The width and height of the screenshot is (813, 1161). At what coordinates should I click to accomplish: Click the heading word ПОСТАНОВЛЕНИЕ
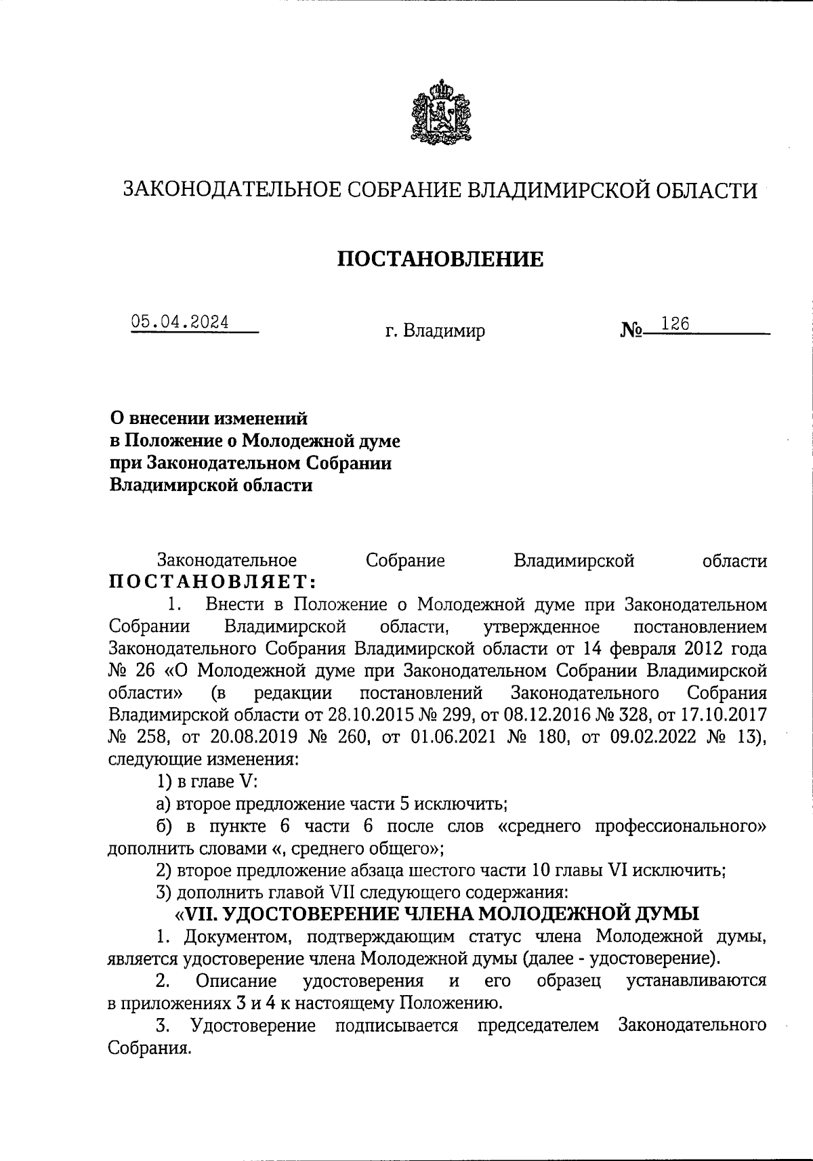coord(440,259)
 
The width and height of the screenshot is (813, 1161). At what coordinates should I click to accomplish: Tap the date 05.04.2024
coord(180,323)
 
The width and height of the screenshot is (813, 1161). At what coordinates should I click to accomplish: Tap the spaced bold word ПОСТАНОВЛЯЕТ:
coord(212,582)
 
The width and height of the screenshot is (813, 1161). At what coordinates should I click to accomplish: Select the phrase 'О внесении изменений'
coord(209,419)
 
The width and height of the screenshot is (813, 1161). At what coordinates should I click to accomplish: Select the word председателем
coord(539,1025)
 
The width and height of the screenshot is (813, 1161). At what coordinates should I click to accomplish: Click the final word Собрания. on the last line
coord(148,1047)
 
